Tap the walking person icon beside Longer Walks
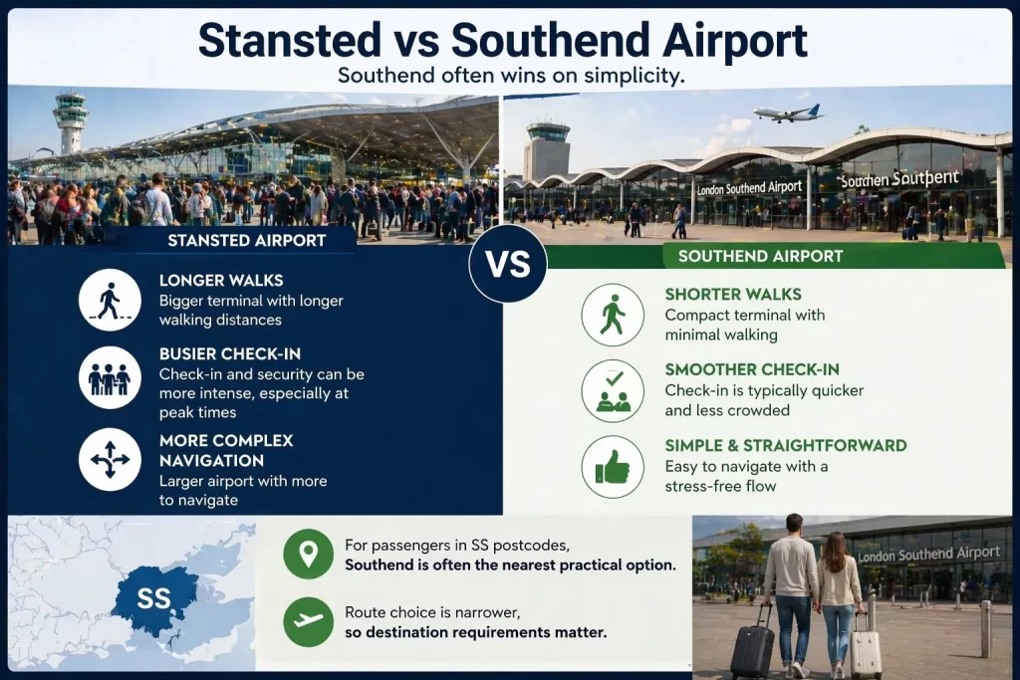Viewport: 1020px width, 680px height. click(x=110, y=300)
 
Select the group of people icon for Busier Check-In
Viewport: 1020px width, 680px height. click(x=110, y=378)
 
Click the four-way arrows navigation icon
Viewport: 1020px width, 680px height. click(x=110, y=459)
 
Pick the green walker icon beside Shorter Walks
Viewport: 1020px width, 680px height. click(x=613, y=315)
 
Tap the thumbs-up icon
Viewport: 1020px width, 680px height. click(x=613, y=466)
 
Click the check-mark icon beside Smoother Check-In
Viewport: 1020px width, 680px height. click(x=613, y=390)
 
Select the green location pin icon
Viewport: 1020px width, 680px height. click(x=308, y=555)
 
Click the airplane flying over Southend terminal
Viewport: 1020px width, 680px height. click(x=786, y=113)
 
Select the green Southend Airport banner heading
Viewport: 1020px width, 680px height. click(x=760, y=256)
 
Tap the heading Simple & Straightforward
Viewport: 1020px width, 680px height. click(x=785, y=445)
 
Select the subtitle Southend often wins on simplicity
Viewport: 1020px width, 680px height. click(x=510, y=76)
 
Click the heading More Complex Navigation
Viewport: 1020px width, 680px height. click(x=225, y=451)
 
